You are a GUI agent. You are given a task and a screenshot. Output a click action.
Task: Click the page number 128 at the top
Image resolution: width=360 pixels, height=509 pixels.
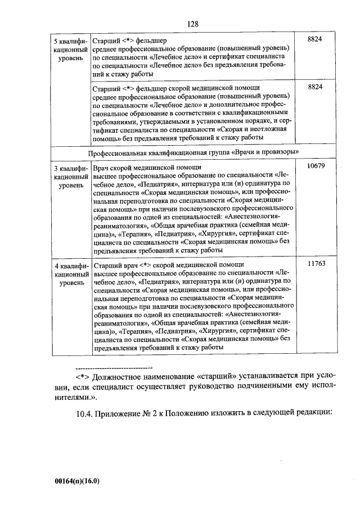pos(193,24)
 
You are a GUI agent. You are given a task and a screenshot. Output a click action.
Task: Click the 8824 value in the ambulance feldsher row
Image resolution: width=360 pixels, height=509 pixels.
pos(316,88)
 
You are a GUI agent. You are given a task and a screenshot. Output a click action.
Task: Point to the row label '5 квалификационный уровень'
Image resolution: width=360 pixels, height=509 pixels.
pos(70,49)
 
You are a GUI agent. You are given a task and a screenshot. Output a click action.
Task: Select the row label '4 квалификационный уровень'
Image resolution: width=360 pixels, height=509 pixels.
pos(70,272)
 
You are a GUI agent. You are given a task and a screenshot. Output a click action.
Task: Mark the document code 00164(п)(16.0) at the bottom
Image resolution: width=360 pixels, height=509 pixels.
pos(77,481)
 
